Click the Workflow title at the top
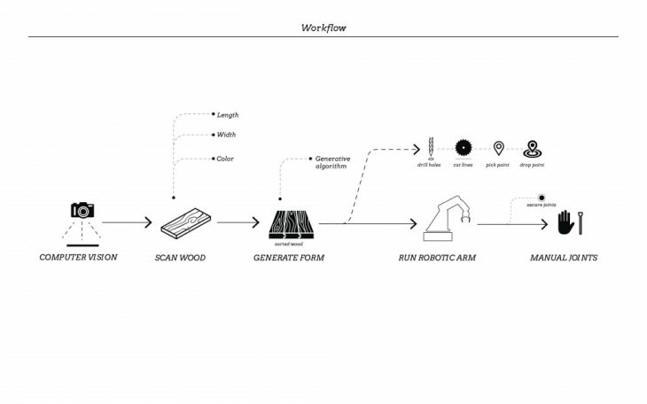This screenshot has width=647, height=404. [x=323, y=27]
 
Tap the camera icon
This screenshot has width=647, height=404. [x=82, y=210]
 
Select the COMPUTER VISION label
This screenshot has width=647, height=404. [x=78, y=258]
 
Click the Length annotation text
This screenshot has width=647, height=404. [x=228, y=115]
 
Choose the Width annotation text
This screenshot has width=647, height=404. [x=226, y=136]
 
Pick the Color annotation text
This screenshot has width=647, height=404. [x=225, y=159]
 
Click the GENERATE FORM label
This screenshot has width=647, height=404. [x=289, y=258]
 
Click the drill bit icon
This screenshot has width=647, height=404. [x=429, y=148]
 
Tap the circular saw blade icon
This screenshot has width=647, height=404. [x=464, y=148]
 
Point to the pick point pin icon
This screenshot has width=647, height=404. [x=499, y=148]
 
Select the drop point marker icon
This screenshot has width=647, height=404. [x=532, y=148]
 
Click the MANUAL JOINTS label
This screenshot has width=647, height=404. [x=564, y=258]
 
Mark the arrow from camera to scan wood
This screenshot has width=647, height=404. [x=127, y=224]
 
